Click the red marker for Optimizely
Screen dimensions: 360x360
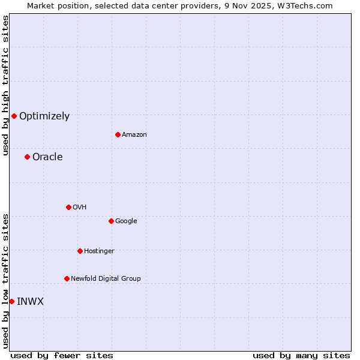click(14, 116)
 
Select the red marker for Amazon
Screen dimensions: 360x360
click(118, 134)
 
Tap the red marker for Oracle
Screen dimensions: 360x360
click(27, 157)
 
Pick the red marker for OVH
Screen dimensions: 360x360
click(68, 207)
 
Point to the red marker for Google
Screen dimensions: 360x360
click(111, 221)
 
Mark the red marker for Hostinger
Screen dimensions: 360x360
click(80, 251)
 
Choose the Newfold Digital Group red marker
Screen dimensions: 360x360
click(67, 278)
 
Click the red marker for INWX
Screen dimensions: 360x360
click(11, 301)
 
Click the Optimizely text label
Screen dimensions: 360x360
click(44, 116)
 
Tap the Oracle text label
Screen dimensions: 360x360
click(47, 157)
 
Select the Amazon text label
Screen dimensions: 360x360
click(134, 135)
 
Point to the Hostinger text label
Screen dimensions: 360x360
click(99, 251)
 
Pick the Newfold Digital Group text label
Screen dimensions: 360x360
click(106, 279)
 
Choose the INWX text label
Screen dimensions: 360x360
click(30, 302)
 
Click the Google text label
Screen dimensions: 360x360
click(126, 221)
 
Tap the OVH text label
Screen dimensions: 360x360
click(79, 208)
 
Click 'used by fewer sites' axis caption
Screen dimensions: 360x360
click(62, 355)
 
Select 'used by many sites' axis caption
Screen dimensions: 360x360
click(301, 355)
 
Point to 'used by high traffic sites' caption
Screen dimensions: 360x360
click(5, 86)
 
